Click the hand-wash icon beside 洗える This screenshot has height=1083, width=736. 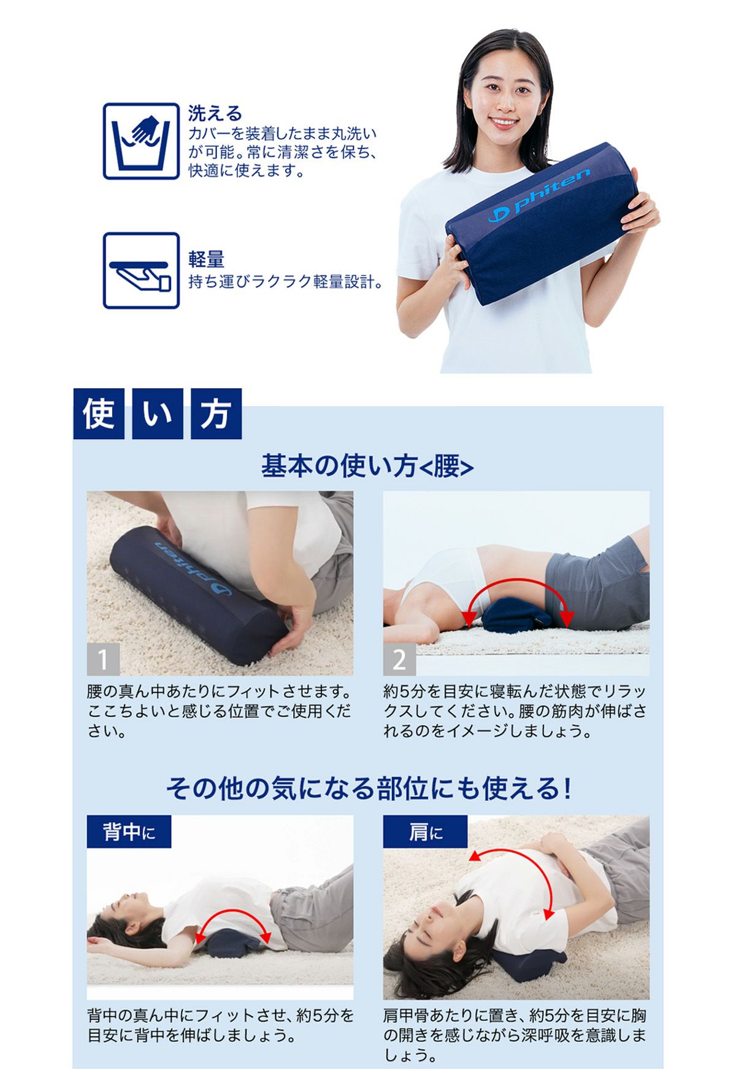coord(141,141)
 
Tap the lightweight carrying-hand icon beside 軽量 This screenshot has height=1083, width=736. coord(141,270)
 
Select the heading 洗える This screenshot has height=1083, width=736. coord(215,113)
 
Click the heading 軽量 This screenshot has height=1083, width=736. coord(206,260)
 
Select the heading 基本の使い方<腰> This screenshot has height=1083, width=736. coord(367,466)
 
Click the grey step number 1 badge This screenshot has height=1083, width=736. coord(103,660)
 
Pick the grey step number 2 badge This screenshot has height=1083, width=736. coord(399,660)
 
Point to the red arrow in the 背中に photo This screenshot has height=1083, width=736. coord(233,912)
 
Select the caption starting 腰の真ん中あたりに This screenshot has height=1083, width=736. coord(220,712)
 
